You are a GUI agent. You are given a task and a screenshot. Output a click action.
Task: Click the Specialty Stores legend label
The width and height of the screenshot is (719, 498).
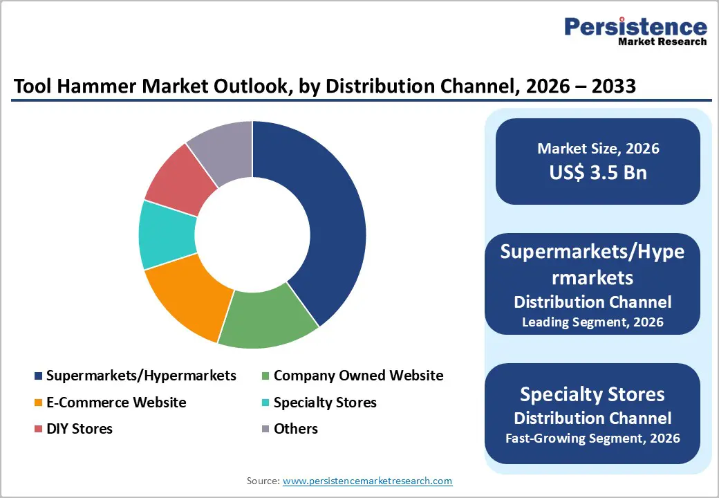pos(325,402)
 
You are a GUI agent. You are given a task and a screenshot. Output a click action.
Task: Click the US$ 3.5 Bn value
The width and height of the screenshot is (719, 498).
pos(598,172)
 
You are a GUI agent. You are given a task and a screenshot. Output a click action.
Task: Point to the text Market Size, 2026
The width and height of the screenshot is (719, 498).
pos(598,149)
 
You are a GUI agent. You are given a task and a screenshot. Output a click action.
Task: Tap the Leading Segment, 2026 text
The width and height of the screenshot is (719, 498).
pos(592,322)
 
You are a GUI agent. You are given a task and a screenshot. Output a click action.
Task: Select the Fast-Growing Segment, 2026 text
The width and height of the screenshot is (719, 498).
pos(592,438)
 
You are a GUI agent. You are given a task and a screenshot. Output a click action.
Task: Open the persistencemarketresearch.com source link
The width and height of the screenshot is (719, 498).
pos(367,481)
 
